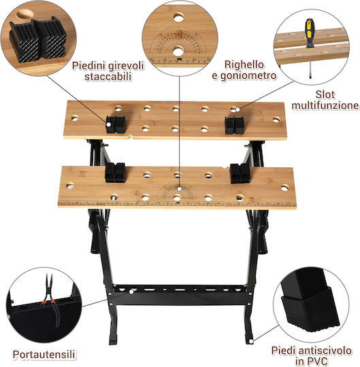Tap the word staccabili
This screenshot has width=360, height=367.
(x=108, y=77)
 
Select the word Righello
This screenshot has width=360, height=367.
(x=244, y=65)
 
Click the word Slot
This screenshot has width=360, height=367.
(x=325, y=94)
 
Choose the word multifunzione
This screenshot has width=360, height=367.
(x=325, y=105)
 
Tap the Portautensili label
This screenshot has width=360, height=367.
(x=44, y=354)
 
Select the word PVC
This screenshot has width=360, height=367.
(x=318, y=361)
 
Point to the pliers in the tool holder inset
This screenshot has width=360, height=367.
(x=51, y=300)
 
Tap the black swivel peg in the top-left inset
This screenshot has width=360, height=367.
(x=38, y=39)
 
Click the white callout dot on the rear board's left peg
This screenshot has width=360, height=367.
(x=108, y=125)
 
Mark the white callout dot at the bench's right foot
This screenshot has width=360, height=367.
(x=251, y=341)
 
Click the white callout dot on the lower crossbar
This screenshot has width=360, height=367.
(x=131, y=292)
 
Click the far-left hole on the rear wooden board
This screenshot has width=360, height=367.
(x=75, y=118)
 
